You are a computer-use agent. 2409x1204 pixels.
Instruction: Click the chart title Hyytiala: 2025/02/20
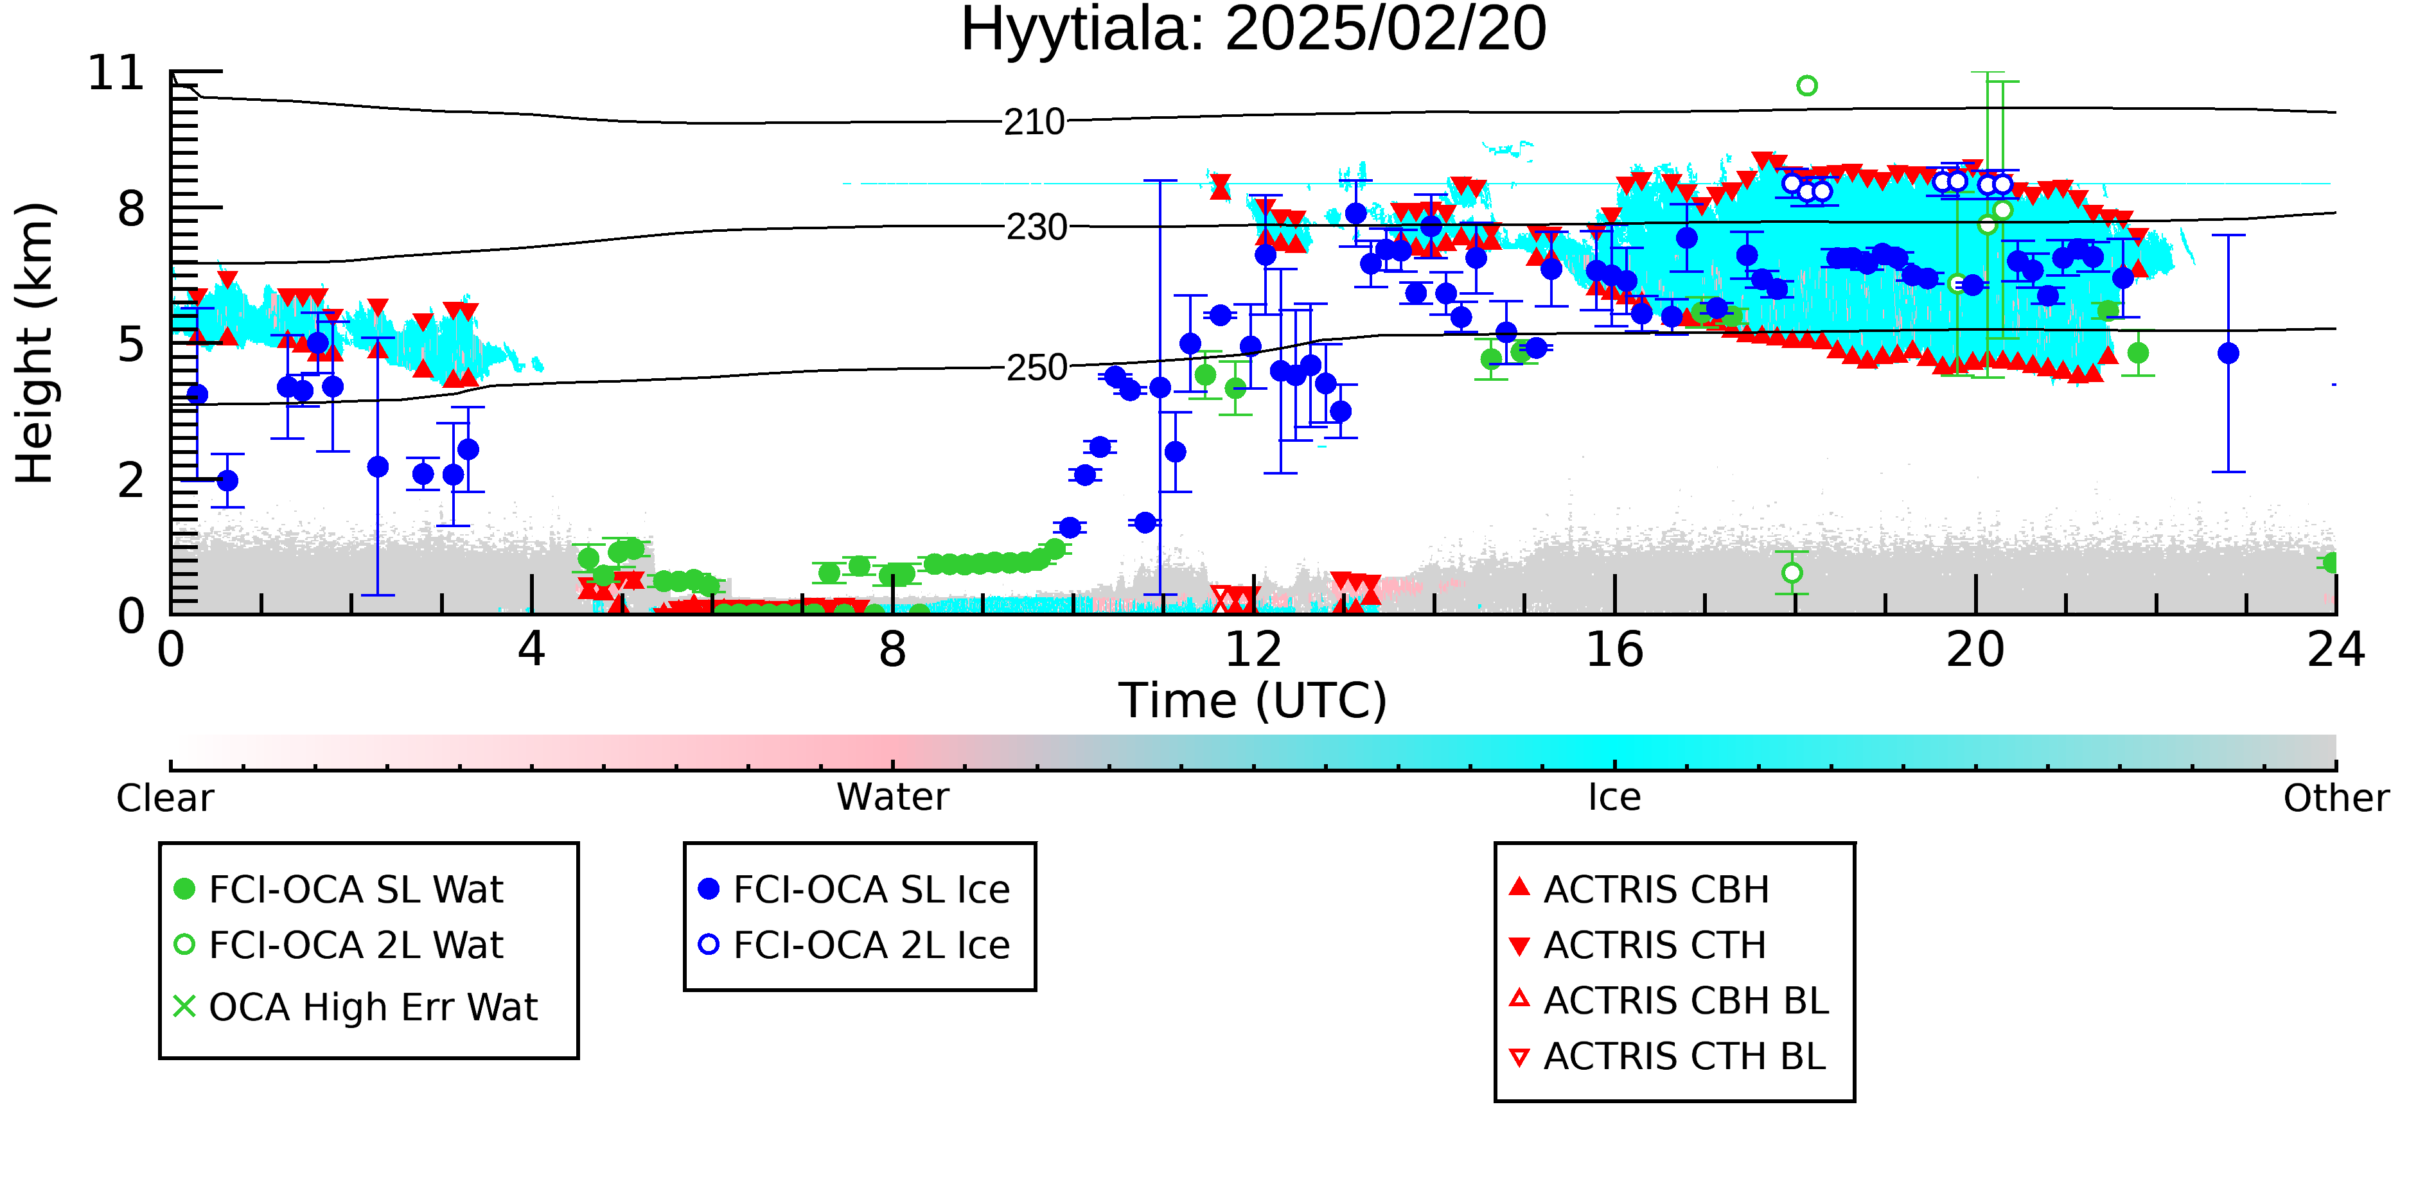coord(1253,30)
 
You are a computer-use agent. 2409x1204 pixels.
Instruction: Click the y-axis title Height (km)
coord(35,343)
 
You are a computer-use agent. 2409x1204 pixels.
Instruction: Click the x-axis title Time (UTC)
coord(1253,701)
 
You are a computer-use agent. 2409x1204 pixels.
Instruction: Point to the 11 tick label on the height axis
coord(116,73)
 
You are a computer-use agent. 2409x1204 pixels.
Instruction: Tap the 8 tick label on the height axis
coord(132,209)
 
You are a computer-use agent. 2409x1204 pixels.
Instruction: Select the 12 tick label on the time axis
coord(1253,650)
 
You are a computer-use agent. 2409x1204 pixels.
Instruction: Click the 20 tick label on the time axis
coord(1975,650)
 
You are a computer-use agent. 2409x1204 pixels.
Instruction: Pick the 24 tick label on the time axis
coord(2336,650)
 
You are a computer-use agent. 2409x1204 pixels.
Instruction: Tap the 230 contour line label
coord(1036,227)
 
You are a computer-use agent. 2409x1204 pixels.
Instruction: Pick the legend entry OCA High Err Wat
coord(357,1007)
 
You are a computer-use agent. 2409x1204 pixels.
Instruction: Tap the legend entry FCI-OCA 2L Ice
coord(855,945)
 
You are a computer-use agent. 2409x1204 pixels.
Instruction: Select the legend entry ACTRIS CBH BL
coord(1670,1000)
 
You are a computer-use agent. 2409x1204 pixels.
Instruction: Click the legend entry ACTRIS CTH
coord(1637,945)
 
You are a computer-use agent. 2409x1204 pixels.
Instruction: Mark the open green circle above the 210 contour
coord(1806,86)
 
